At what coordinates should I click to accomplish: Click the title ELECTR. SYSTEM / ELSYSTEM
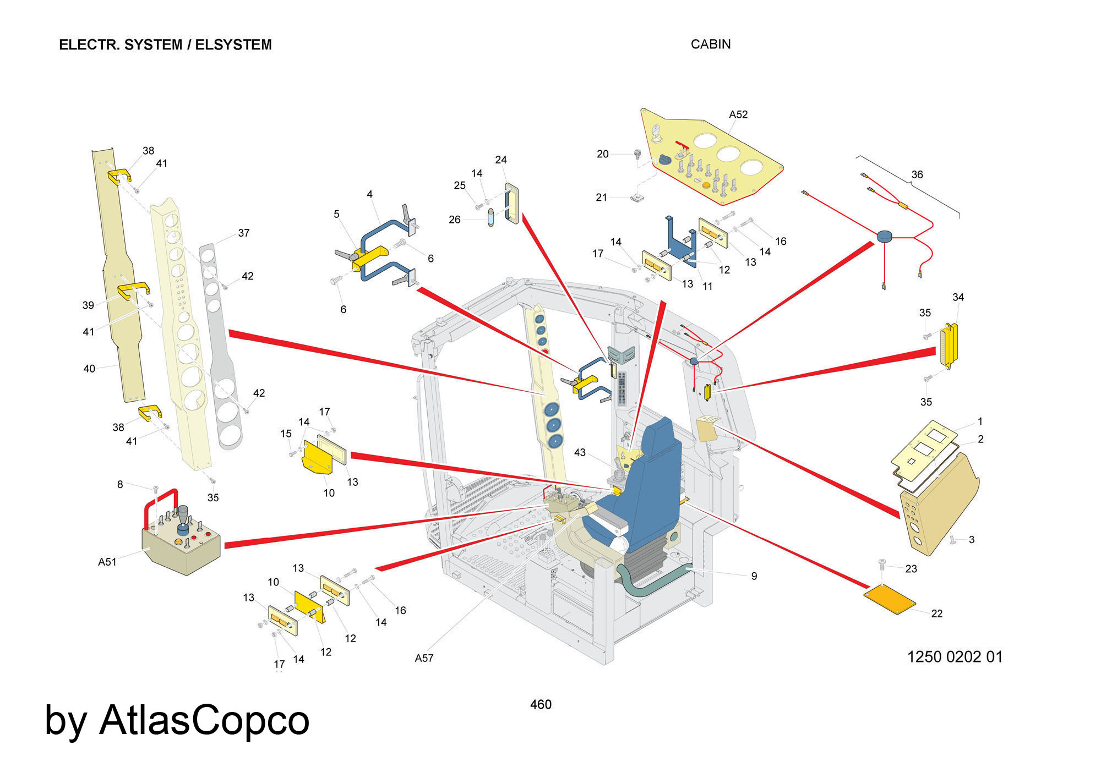click(x=165, y=45)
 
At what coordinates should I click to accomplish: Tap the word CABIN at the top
click(x=710, y=44)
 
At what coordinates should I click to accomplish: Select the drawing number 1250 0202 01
click(x=955, y=656)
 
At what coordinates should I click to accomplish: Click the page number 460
click(x=541, y=704)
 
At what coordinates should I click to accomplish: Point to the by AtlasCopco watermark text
click(x=177, y=720)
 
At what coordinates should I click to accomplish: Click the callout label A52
click(x=738, y=114)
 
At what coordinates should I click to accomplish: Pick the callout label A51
click(x=107, y=562)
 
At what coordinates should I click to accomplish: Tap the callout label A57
click(x=424, y=658)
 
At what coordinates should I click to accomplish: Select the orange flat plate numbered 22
click(x=890, y=600)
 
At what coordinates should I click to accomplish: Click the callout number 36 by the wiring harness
click(x=917, y=174)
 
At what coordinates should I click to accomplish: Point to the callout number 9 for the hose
click(x=754, y=576)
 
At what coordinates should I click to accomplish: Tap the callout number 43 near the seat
click(x=580, y=452)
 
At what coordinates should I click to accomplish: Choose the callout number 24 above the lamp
click(x=500, y=160)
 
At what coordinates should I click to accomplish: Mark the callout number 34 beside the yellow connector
click(x=958, y=297)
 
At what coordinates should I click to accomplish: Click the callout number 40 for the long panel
click(x=89, y=369)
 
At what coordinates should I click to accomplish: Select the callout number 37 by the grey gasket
click(x=244, y=233)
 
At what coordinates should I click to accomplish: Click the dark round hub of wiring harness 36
click(x=883, y=237)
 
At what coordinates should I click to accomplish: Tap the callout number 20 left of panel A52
click(x=603, y=154)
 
